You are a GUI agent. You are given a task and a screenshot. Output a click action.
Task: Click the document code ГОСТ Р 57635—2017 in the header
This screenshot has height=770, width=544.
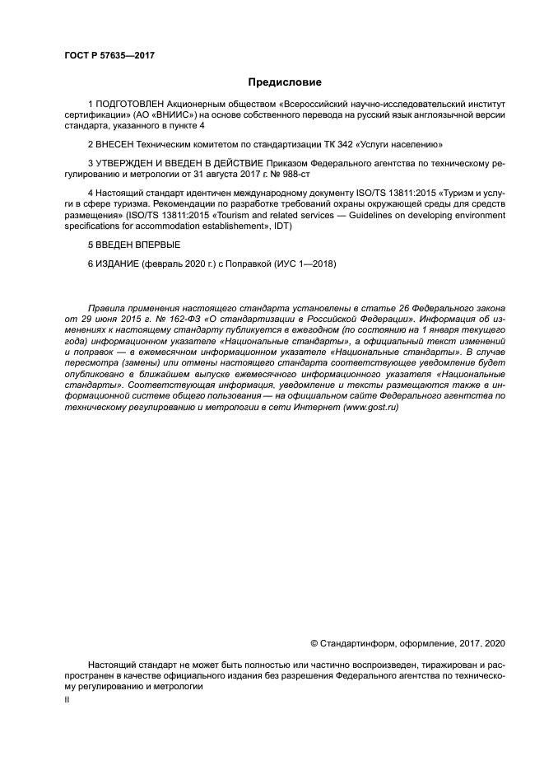tap(109, 55)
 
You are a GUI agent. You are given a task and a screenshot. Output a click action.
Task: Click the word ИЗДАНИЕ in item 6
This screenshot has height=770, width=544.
tap(119, 264)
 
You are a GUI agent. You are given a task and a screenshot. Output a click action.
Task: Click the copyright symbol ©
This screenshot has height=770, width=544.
tap(314, 642)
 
